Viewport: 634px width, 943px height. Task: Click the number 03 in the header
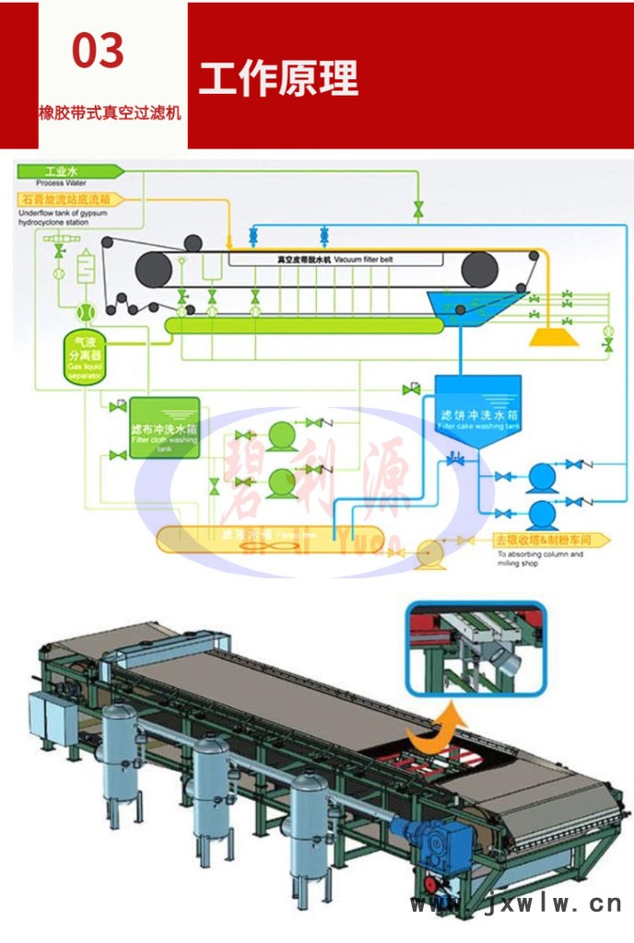pos(98,50)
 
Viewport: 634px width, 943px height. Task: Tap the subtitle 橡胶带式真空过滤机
pos(110,114)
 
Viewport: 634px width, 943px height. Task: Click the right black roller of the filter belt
pos(480,269)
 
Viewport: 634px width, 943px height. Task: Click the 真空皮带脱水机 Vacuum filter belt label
pos(335,260)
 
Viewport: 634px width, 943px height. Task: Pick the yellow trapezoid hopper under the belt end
pos(553,336)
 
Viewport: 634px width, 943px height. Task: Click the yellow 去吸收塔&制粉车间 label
pos(549,539)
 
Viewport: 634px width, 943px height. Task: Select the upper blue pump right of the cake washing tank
pos(541,475)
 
